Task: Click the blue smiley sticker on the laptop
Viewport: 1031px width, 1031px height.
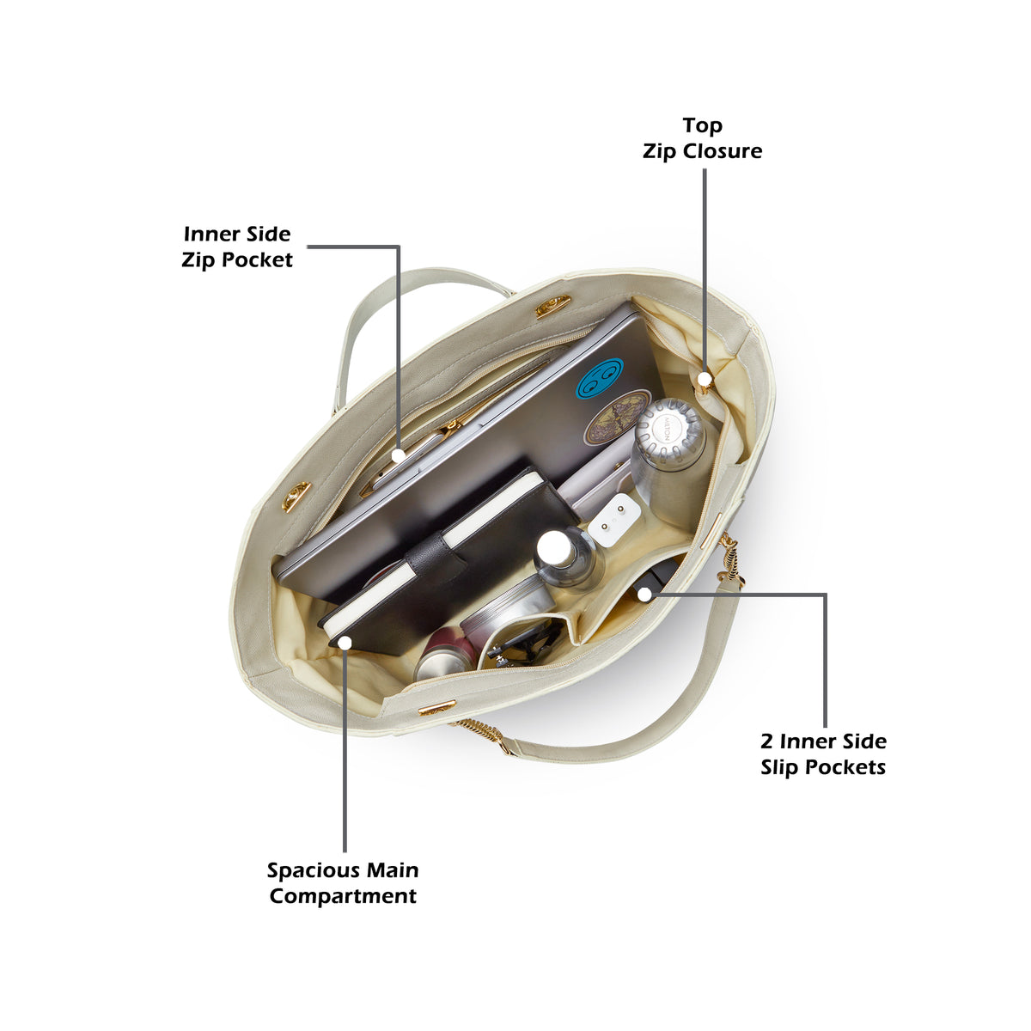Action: [x=600, y=378]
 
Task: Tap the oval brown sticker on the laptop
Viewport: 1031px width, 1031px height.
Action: [x=616, y=418]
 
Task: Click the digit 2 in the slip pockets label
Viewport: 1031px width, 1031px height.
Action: [x=767, y=741]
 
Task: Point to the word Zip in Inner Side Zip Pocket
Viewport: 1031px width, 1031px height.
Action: [x=197, y=260]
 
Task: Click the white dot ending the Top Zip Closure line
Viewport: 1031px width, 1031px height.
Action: [x=705, y=380]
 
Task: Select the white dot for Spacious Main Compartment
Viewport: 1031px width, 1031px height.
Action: [x=345, y=643]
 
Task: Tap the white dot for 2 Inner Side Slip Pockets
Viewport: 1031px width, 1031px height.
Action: [x=645, y=594]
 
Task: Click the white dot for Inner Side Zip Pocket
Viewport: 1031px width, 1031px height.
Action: [x=398, y=456]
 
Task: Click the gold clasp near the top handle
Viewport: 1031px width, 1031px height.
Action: [x=552, y=307]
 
